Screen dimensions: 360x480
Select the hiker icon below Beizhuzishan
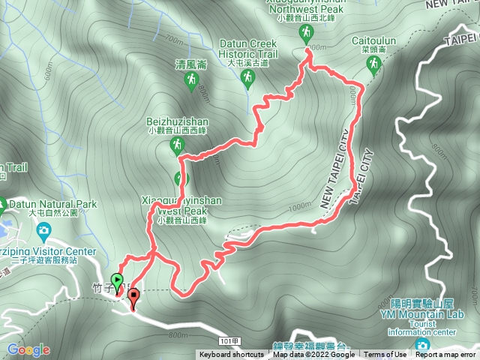(177, 143)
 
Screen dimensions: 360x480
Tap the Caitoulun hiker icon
(373, 67)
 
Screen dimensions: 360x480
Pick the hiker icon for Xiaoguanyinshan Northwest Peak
(305, 32)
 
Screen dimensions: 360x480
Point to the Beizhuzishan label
(177, 120)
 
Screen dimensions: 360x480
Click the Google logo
(28, 349)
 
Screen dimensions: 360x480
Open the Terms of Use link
(386, 355)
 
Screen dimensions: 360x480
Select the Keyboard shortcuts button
(231, 355)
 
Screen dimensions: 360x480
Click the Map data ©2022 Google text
(313, 355)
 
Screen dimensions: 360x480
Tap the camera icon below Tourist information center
(422, 345)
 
